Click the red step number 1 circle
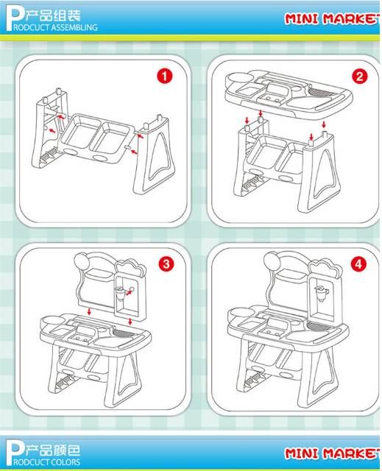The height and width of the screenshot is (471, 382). click(165, 77)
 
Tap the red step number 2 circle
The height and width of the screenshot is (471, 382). click(359, 77)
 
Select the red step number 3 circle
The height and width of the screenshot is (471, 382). click(166, 264)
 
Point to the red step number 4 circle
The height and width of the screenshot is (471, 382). click(358, 264)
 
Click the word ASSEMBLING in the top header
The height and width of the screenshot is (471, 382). click(74, 27)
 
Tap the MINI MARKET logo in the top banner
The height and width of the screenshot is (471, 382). click(333, 18)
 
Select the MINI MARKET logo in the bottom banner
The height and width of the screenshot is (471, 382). click(333, 453)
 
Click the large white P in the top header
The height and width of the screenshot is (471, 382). click(15, 18)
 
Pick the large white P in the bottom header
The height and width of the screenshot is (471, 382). click(15, 453)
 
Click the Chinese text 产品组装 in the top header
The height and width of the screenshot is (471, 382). click(53, 15)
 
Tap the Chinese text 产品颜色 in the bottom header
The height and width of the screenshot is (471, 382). click(53, 450)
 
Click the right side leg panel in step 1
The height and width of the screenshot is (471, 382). click(155, 156)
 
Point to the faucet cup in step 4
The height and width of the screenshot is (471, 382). click(321, 293)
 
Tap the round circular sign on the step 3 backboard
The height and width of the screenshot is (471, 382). click(82, 261)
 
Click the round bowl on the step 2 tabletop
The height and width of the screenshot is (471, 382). click(239, 79)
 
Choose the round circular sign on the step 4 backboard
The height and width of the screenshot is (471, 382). click(272, 260)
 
